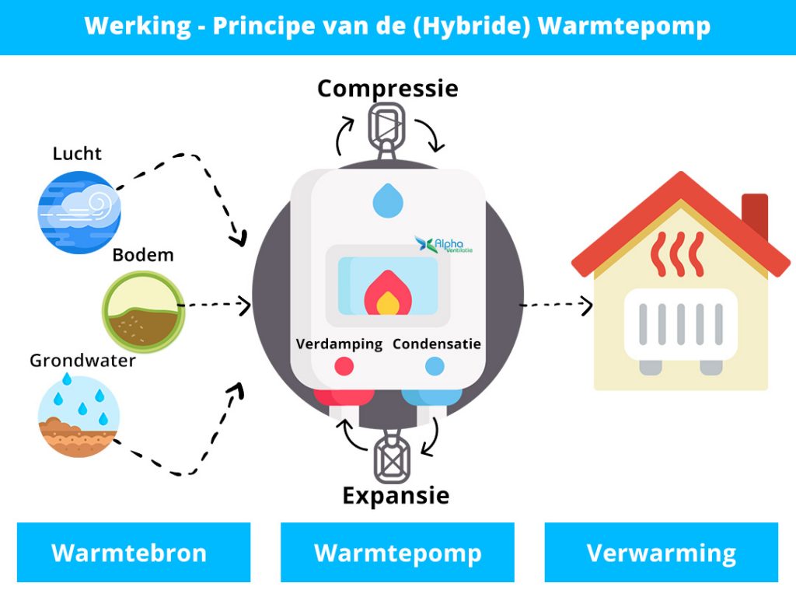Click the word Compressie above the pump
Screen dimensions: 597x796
coord(387,88)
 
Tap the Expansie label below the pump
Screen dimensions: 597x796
coord(396,495)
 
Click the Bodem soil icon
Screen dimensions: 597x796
coord(144,311)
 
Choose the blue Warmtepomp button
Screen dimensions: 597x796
coord(397,553)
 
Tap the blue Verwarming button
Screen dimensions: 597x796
coord(661,553)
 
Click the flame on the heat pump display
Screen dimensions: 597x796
coord(386,292)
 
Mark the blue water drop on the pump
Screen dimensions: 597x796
coord(388,200)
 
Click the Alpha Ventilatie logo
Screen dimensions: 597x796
coord(444,245)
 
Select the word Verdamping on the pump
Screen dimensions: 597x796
coord(339,344)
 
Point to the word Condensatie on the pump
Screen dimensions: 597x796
coord(436,344)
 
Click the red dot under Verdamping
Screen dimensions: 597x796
coord(343,365)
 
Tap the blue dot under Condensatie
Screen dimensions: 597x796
coord(434,365)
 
